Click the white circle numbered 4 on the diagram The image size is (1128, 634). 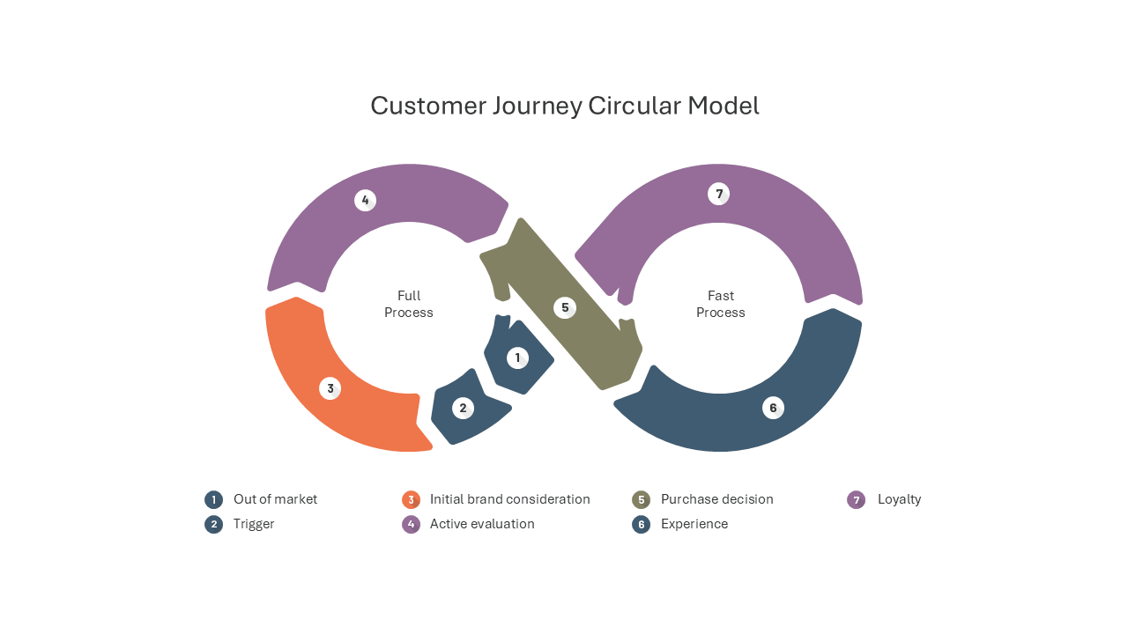tap(365, 200)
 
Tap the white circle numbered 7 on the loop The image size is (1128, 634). tap(718, 194)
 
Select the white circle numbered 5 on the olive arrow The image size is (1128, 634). tap(565, 307)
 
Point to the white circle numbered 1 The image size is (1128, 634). tap(517, 358)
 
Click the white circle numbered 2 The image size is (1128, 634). tap(463, 408)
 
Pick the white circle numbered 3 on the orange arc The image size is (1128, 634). tap(330, 388)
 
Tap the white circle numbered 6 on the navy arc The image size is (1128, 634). tap(773, 408)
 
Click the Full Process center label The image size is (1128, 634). tap(408, 304)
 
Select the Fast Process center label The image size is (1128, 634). tap(721, 304)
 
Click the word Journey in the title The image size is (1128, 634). tap(537, 107)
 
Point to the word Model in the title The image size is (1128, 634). tap(724, 106)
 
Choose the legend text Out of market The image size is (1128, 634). tap(275, 499)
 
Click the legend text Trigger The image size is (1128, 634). tap(254, 524)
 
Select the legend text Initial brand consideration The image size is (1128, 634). tap(509, 499)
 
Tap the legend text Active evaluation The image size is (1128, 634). tap(482, 524)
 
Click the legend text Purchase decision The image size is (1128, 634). tap(717, 499)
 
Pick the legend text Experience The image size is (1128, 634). tap(694, 524)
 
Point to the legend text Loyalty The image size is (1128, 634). tap(900, 499)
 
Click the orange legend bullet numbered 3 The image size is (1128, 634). tap(411, 499)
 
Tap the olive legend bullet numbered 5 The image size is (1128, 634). tap(641, 499)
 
